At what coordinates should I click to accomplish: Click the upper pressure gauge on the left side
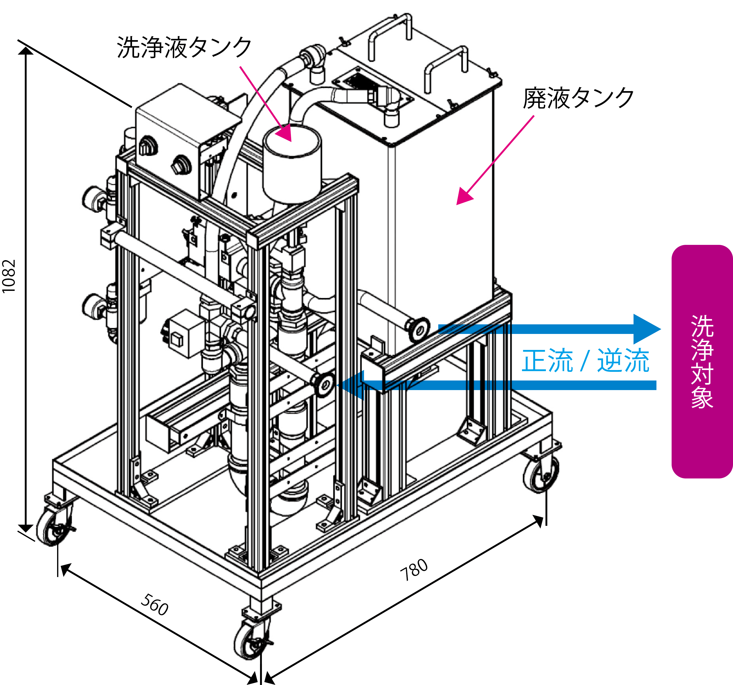point(91,198)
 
